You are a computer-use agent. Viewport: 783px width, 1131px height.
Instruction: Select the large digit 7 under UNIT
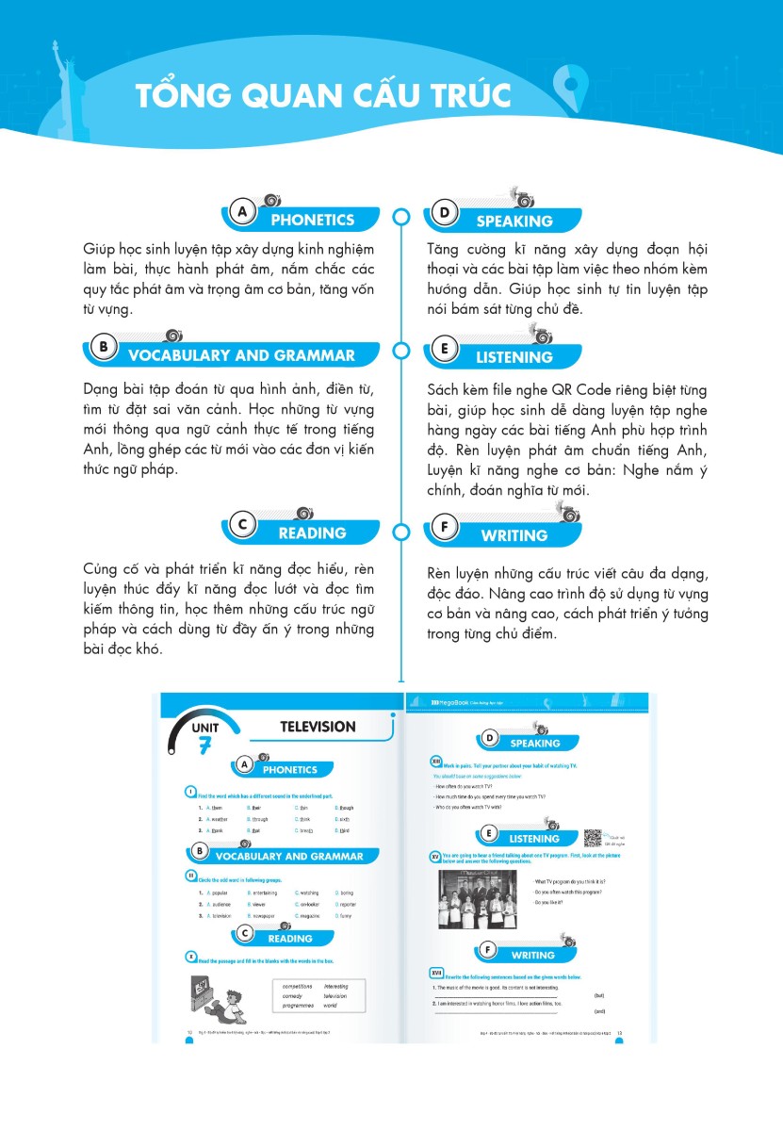(x=204, y=746)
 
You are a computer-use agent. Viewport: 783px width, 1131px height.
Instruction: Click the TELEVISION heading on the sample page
(x=318, y=727)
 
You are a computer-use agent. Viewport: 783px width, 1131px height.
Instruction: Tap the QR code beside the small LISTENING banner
(x=594, y=838)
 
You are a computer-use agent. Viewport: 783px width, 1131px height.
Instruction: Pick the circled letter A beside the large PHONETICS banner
(x=243, y=213)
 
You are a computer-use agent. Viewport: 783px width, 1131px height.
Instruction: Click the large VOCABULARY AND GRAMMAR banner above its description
(x=241, y=355)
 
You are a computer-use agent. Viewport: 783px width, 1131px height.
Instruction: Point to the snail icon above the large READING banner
(x=303, y=513)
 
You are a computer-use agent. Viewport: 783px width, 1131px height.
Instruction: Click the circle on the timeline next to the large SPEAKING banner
(x=401, y=217)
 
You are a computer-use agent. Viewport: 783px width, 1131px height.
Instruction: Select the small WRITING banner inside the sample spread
(x=532, y=956)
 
